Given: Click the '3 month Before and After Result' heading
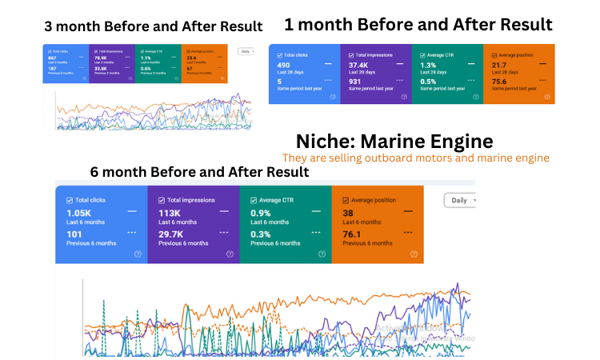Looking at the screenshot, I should coord(153,26).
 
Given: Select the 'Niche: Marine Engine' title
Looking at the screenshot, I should coord(394,142).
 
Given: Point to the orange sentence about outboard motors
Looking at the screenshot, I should coord(415,158).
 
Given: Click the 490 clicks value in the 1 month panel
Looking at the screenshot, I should coord(284,66).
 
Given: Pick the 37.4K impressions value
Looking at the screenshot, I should coord(358,66).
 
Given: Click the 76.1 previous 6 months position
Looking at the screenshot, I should coord(352,234).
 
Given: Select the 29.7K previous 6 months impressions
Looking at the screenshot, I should coord(174,234).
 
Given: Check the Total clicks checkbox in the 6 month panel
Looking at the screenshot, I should coord(69,199).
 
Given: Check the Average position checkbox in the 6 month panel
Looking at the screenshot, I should coord(346,199).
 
